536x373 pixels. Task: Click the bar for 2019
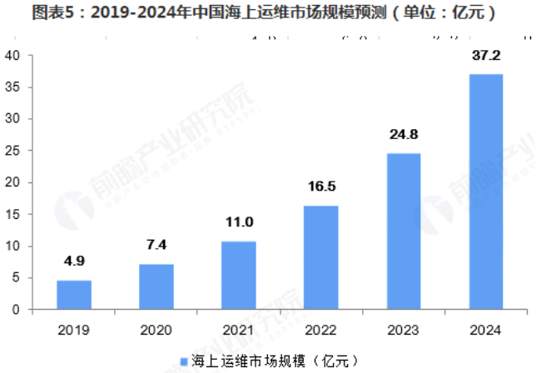tap(74, 295)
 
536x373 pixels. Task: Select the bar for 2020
tap(156, 286)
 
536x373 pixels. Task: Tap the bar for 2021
tap(238, 275)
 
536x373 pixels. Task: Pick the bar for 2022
tap(320, 257)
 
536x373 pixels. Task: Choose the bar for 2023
tap(403, 231)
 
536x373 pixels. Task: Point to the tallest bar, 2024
tap(484, 191)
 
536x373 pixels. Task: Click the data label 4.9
tap(74, 261)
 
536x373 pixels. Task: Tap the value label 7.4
tap(156, 246)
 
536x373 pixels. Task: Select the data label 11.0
tap(238, 222)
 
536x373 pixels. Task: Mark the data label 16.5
tap(320, 187)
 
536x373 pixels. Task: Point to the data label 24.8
tap(403, 135)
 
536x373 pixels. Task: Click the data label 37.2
tap(484, 56)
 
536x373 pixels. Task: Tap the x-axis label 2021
tap(238, 331)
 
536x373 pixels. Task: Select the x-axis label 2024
tap(484, 331)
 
